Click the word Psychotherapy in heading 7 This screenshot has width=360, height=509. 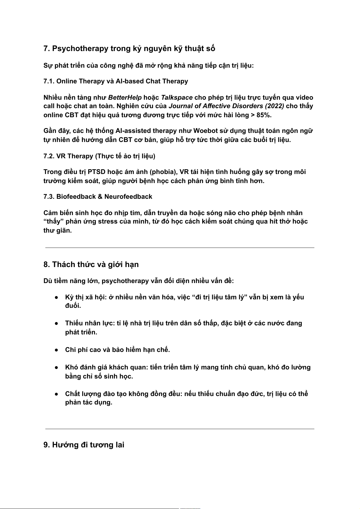[80, 49]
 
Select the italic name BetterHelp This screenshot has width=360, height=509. [125, 98]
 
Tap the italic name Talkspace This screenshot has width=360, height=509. [177, 98]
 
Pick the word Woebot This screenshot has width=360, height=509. [206, 131]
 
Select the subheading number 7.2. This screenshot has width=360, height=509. [49, 156]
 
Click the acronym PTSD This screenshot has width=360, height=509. [96, 172]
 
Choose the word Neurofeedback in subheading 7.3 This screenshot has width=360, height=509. [128, 197]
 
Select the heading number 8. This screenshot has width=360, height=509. [47, 265]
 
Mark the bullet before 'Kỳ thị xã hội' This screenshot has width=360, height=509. [57, 298]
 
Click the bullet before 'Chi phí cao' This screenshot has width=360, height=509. [57, 350]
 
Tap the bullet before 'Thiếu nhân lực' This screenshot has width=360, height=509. [57, 324]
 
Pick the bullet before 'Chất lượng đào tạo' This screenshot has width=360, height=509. [57, 394]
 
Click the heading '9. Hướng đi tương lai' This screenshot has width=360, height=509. [84, 445]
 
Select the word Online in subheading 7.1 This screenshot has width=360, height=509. [66, 81]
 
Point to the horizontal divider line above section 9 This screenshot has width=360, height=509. [180, 429]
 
